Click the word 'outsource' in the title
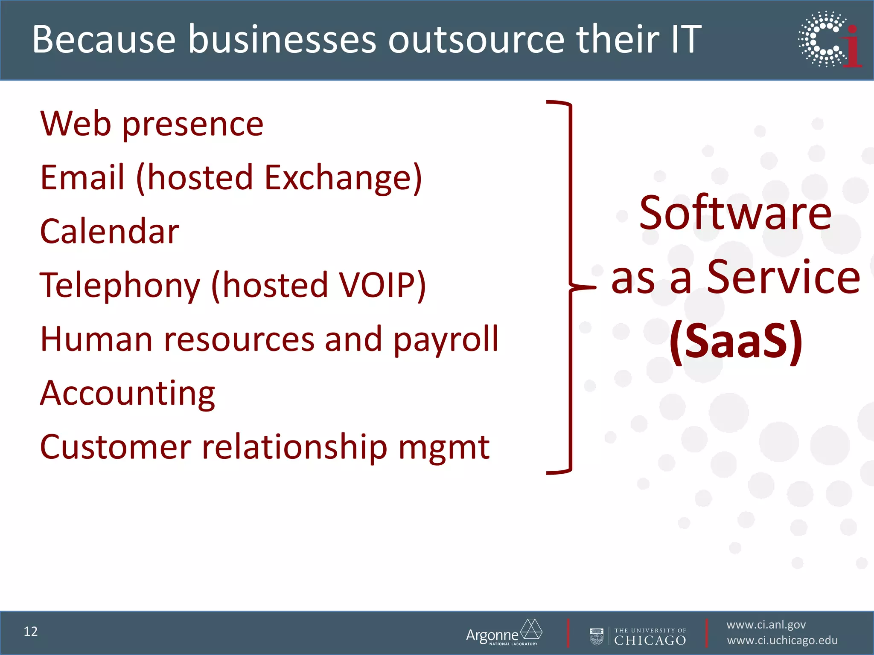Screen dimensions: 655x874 476,40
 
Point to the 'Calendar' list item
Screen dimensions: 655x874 110,231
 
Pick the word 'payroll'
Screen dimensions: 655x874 446,339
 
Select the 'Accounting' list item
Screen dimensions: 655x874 128,393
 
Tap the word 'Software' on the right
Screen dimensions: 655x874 735,213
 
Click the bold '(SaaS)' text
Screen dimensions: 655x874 736,341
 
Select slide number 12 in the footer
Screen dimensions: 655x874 31,631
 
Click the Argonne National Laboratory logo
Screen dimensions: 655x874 504,633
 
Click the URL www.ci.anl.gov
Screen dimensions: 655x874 766,625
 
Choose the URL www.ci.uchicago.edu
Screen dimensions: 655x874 782,641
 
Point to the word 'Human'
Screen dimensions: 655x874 96,339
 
